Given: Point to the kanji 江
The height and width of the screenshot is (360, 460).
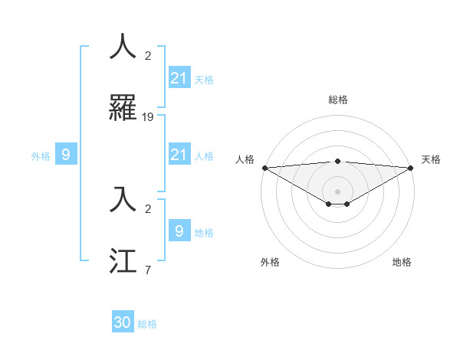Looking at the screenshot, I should click(123, 260).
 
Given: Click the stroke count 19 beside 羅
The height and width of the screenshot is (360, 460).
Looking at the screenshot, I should click(148, 117).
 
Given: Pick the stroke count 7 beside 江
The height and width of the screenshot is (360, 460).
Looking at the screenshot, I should click(148, 270).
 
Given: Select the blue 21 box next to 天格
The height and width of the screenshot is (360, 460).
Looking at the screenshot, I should click(179, 78).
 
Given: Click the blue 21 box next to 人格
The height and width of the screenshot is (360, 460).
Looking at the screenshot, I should click(179, 155).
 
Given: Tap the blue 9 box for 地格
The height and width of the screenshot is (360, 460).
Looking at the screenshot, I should click(179, 231).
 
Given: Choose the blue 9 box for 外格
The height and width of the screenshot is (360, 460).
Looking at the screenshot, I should click(66, 155).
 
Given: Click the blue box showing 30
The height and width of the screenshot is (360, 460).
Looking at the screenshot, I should click(123, 322).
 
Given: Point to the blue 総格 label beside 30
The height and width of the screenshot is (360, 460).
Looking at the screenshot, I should click(147, 324).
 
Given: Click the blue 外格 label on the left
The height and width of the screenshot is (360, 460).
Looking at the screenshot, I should click(41, 156).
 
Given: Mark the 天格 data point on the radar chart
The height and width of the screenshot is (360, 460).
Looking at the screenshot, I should click(411, 168).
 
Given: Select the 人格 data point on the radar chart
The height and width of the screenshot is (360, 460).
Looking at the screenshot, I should click(264, 168).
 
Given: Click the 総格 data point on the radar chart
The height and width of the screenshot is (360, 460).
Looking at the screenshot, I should click(338, 161).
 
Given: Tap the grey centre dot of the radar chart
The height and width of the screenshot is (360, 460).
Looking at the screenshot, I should click(338, 191).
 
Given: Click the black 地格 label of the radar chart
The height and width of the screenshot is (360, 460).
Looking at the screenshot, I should click(402, 262).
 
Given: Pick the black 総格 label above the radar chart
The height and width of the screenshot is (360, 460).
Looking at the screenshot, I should click(338, 100).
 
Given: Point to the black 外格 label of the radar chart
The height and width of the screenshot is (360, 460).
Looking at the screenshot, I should click(270, 262).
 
